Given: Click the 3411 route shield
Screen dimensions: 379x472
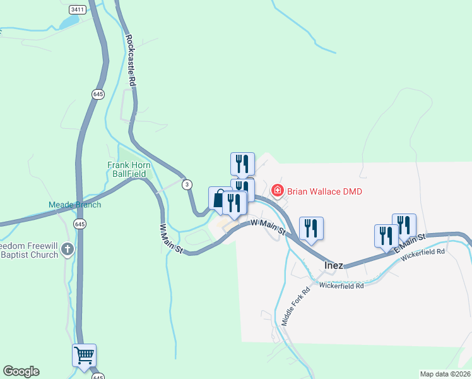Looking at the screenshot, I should point(77,9).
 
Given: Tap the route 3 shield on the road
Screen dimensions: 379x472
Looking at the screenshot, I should point(186,184).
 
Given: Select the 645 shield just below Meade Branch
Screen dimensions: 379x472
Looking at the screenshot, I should point(80,224).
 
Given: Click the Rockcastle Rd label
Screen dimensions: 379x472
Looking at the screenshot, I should point(131,60).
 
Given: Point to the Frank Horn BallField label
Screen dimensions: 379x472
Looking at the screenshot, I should point(126,169).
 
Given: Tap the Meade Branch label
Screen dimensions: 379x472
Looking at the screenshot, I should point(75,205).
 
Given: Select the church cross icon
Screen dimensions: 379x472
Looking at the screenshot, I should point(68,251).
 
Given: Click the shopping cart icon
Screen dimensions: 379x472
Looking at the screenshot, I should point(84,355).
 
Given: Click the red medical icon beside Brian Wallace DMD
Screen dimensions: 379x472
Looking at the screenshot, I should point(277,190).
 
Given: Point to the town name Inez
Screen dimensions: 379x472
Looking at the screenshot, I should point(333,265).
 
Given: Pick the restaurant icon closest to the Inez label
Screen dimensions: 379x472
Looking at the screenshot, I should point(310,229).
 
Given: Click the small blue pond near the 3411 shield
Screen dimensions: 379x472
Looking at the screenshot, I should point(69,21).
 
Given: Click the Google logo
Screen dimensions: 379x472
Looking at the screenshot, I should point(21,371).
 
